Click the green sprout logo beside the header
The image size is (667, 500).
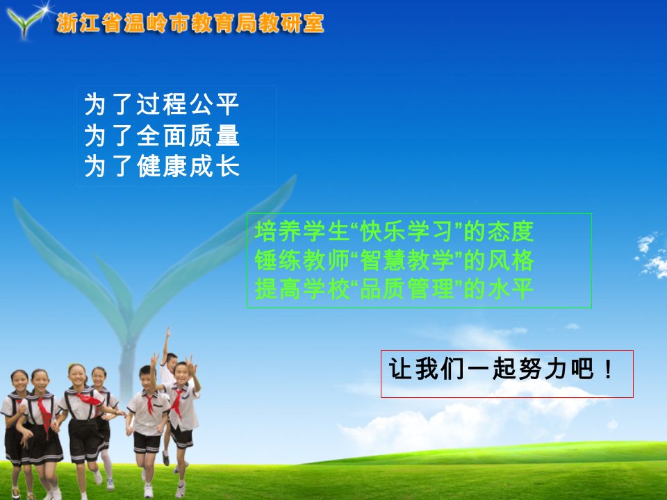pos(26,22)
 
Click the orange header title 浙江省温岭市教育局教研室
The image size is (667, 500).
pos(190,23)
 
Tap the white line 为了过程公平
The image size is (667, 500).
pos(162,104)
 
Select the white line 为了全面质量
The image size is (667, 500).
pos(162,135)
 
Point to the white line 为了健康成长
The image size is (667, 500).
pos(162,166)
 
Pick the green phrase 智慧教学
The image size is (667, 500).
pos(407,260)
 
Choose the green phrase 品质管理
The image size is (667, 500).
pos(407,289)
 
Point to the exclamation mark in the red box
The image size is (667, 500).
pos(609,369)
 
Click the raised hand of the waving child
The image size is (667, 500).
pos(168,332)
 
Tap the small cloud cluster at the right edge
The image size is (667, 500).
pos(651,254)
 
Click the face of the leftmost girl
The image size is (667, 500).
pos(19,381)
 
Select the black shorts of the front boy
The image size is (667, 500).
pos(147,442)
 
